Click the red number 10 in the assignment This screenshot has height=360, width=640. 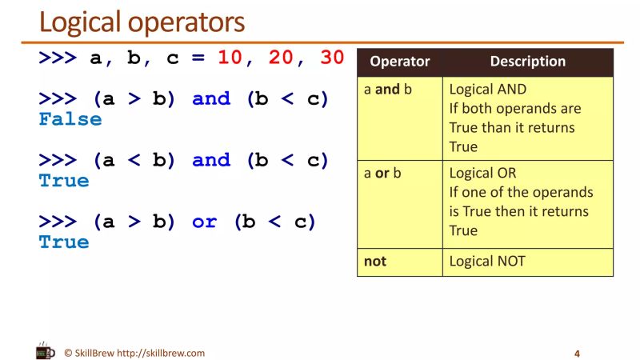click(x=229, y=58)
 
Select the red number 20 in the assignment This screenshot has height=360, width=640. click(x=281, y=58)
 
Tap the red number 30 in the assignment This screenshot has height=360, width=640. click(x=332, y=58)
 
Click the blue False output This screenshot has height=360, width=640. click(x=70, y=120)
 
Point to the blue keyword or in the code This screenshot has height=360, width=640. click(x=204, y=222)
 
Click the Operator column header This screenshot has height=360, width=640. click(x=399, y=62)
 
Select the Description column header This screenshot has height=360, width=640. click(x=527, y=62)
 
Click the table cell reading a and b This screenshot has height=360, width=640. click(x=387, y=90)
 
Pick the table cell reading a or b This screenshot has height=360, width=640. click(x=382, y=173)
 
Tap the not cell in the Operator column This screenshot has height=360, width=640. click(x=374, y=262)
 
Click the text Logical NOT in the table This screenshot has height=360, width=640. click(x=487, y=262)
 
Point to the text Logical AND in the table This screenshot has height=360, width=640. click(x=488, y=90)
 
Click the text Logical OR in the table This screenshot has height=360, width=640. click(x=482, y=173)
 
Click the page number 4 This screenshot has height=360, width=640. click(x=577, y=354)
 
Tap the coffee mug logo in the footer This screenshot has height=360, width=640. click(x=46, y=351)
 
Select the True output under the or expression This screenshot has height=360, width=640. click(x=64, y=242)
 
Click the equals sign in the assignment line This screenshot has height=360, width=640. click(x=198, y=58)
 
